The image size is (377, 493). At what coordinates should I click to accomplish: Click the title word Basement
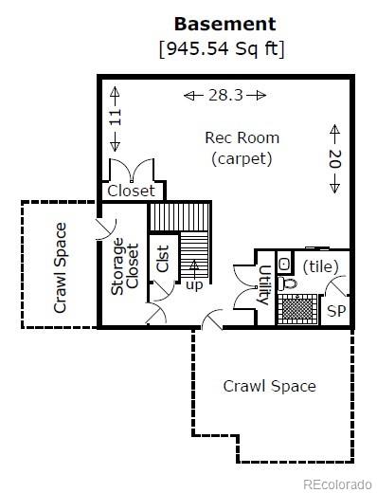point(224,24)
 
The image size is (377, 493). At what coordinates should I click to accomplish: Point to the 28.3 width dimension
point(224,95)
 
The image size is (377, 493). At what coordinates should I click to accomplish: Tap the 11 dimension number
point(116,119)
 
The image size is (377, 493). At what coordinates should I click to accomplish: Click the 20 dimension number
point(334,157)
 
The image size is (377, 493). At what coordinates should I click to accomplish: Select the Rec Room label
point(242,137)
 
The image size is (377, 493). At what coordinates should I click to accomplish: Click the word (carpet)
point(242,158)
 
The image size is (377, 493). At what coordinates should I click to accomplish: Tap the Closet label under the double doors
point(131,191)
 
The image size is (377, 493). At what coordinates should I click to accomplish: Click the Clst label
point(162,259)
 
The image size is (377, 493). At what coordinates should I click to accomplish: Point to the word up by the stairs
point(193,284)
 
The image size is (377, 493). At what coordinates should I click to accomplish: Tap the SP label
point(335,311)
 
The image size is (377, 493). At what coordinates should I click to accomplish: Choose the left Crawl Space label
point(60,267)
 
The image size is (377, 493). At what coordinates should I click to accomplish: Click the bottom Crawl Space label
point(269,386)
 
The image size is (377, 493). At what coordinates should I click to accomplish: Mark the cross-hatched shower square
point(296,309)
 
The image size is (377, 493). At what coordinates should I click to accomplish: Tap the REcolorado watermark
point(336,483)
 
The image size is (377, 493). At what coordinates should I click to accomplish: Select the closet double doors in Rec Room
point(131,171)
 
